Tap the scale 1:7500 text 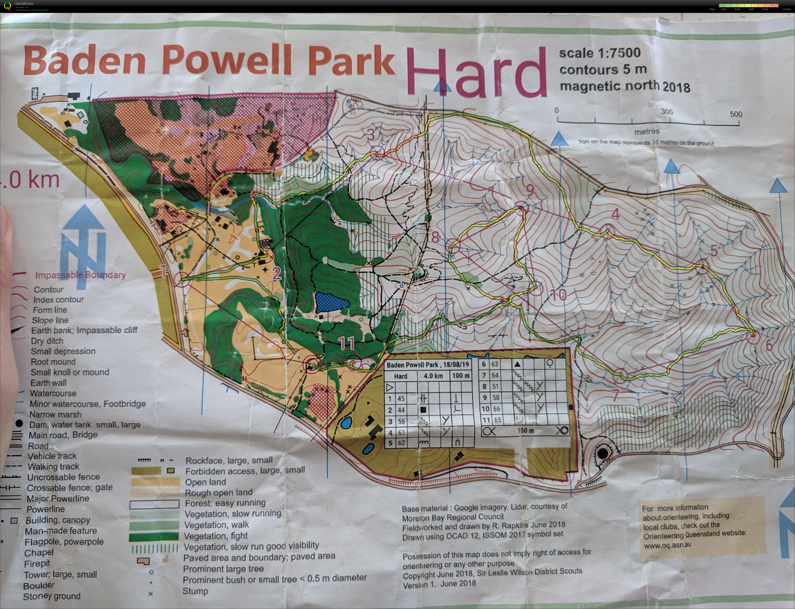pyautogui.click(x=600, y=53)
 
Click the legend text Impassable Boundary pyautogui.click(x=80, y=275)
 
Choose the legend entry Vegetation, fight pyautogui.click(x=216, y=536)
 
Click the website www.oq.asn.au pyautogui.click(x=667, y=545)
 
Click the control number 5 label pyautogui.click(x=713, y=250)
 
